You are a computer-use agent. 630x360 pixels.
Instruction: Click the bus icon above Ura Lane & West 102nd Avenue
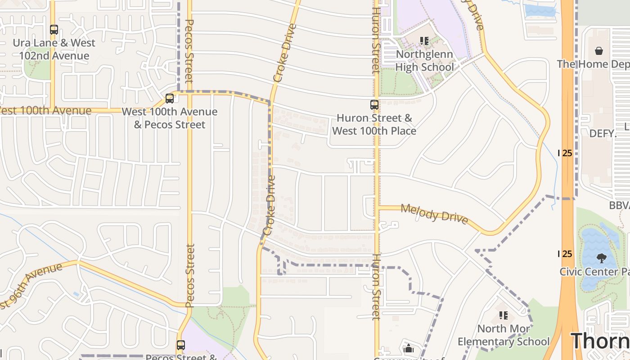54,30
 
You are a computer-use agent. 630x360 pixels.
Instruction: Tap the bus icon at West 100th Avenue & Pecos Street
170,98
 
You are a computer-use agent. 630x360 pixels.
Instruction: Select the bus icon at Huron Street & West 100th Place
374,105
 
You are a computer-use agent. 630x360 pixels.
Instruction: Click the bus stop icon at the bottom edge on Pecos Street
181,345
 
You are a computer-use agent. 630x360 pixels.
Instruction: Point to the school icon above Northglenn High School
424,41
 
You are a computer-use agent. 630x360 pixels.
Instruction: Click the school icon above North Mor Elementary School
504,315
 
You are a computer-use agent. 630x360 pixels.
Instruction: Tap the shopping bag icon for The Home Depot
599,51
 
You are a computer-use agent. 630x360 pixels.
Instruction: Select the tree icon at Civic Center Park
601,258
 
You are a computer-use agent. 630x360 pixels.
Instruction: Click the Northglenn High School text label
425,61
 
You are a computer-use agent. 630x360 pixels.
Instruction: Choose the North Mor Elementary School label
504,335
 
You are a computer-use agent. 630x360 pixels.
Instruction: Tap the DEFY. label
603,134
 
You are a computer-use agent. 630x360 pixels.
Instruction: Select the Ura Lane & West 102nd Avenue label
54,49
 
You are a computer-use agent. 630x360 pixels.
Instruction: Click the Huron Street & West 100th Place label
374,125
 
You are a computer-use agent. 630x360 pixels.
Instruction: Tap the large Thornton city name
600,341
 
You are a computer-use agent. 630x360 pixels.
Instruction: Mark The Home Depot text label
593,64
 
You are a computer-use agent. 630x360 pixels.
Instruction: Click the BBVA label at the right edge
619,205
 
